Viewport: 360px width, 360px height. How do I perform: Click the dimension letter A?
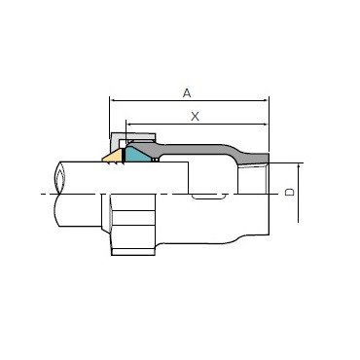187,93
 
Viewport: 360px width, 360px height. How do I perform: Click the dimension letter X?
195,117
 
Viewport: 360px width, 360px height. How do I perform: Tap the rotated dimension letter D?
290,192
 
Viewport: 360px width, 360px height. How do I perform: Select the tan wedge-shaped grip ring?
113,157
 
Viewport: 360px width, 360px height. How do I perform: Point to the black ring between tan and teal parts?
124,156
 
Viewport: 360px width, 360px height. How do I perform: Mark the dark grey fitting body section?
201,149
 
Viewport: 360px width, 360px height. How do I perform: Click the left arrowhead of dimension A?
112,100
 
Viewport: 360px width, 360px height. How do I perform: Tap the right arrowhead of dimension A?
267,100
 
